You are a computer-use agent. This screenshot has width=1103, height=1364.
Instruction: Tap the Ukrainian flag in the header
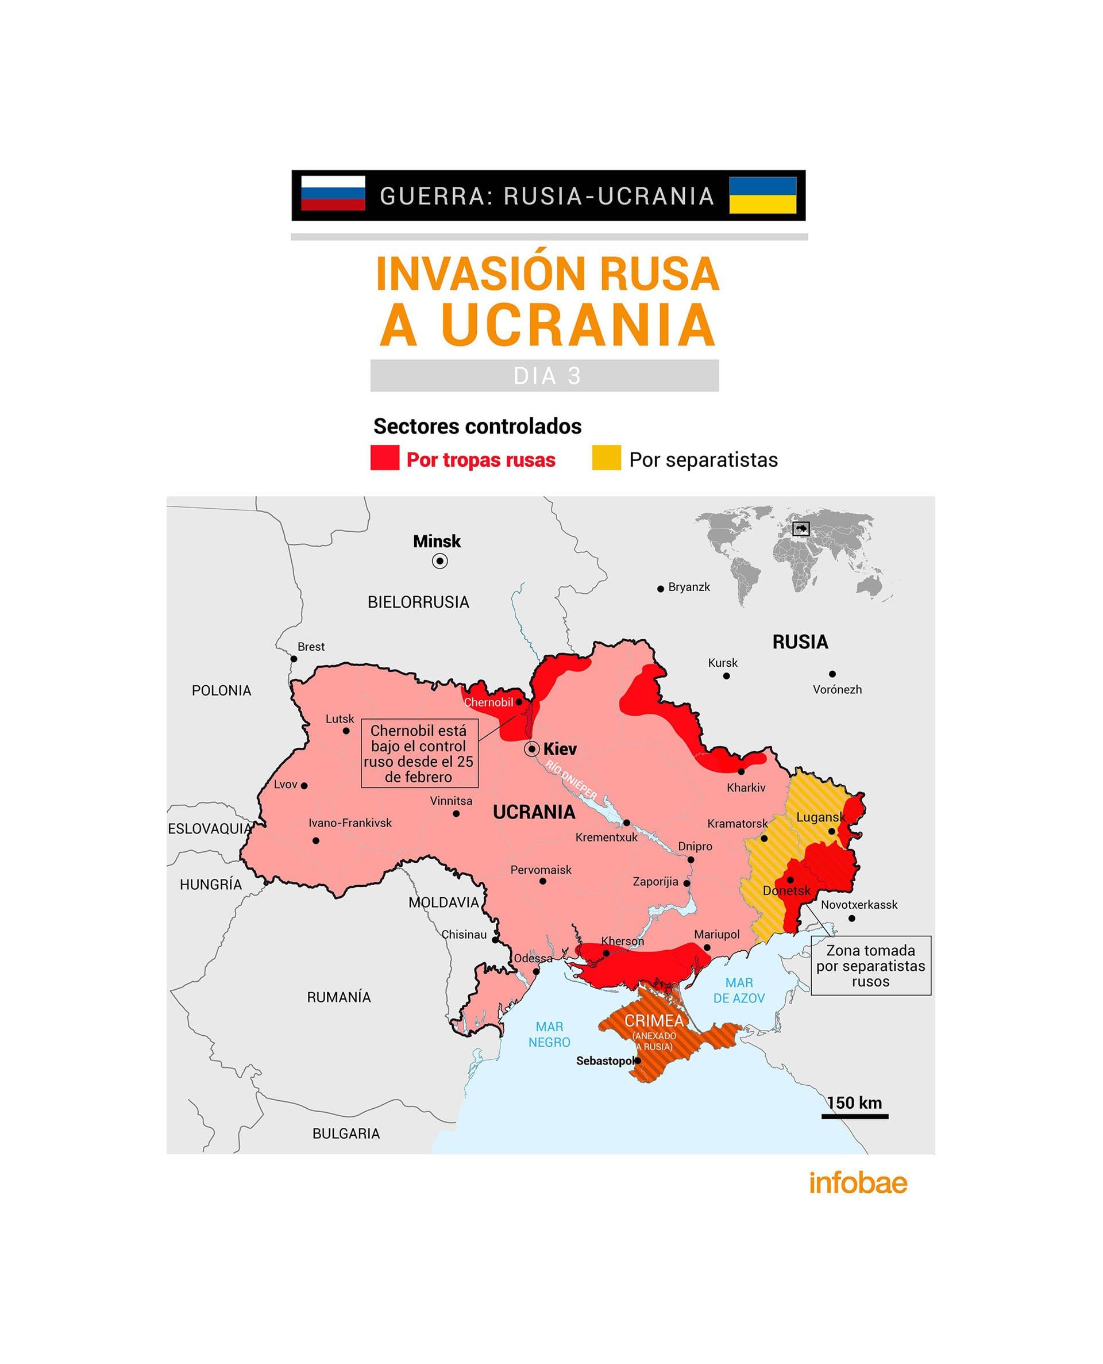pos(762,194)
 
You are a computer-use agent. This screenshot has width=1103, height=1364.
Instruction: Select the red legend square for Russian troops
pos(384,458)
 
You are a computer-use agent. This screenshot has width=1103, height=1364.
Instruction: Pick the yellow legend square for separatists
pos(606,458)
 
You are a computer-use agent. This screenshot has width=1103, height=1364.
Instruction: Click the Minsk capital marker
pos(439,560)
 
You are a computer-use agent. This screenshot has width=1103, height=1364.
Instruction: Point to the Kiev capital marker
pos(531,750)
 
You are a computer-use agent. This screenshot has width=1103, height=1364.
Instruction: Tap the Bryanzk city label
pos(689,587)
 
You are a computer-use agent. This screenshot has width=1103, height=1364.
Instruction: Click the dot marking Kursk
pos(726,675)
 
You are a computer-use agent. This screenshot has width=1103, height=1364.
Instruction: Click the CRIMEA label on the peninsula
pos(654,1020)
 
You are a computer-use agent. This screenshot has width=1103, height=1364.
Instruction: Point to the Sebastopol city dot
pos(637,1060)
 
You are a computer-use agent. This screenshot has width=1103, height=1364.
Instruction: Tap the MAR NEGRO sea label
pos(549,1034)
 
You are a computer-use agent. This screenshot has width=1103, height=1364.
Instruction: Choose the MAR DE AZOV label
pos(739,990)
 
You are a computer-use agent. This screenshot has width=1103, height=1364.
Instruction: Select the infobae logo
pos(858,1182)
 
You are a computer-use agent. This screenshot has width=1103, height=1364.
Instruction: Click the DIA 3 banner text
pos(546,376)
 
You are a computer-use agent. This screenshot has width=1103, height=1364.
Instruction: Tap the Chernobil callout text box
pos(419,753)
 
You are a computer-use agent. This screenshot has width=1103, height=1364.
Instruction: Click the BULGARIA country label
pos(346,1134)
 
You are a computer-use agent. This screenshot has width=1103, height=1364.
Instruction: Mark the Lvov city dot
pos(304,786)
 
